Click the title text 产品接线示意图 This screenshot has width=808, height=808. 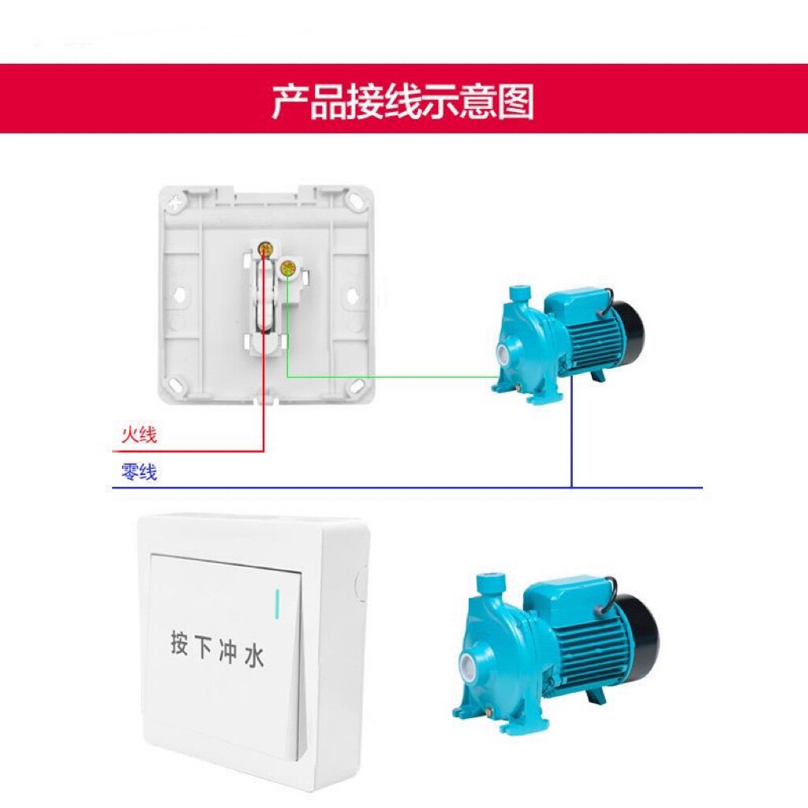[x=403, y=102]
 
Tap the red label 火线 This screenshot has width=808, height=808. [x=139, y=435]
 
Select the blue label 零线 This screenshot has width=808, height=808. [x=139, y=473]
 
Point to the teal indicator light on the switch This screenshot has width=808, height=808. [x=277, y=603]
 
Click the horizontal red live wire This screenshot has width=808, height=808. [x=189, y=451]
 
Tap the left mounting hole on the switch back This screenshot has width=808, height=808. [x=181, y=294]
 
